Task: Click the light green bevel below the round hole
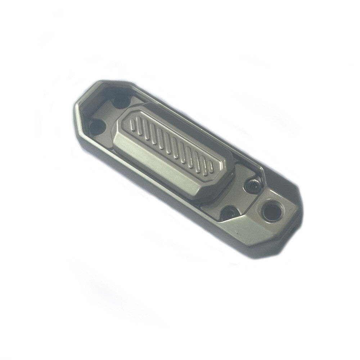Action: pos(252,230)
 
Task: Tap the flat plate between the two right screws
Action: pos(238,198)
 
